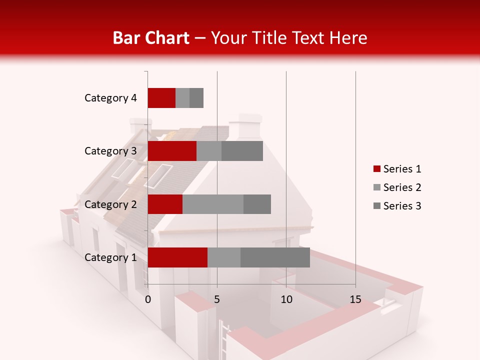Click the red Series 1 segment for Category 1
[x=177, y=257]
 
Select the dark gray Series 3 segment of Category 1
[x=275, y=257]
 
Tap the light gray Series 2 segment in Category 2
[x=213, y=204]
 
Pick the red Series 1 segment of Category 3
[x=172, y=151]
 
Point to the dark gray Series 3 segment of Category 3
[x=242, y=151]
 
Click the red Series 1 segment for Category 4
[x=161, y=98]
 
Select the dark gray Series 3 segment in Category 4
[x=196, y=98]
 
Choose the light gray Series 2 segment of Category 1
[x=224, y=257]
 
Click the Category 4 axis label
[x=110, y=98]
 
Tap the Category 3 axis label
[x=110, y=151]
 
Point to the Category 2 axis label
[x=110, y=204]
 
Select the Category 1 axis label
[x=110, y=257]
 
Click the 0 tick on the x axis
[x=148, y=299]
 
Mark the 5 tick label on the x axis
[x=217, y=299]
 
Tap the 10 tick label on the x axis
[x=286, y=299]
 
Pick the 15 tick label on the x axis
[x=355, y=299]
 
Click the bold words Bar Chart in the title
[x=151, y=38]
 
